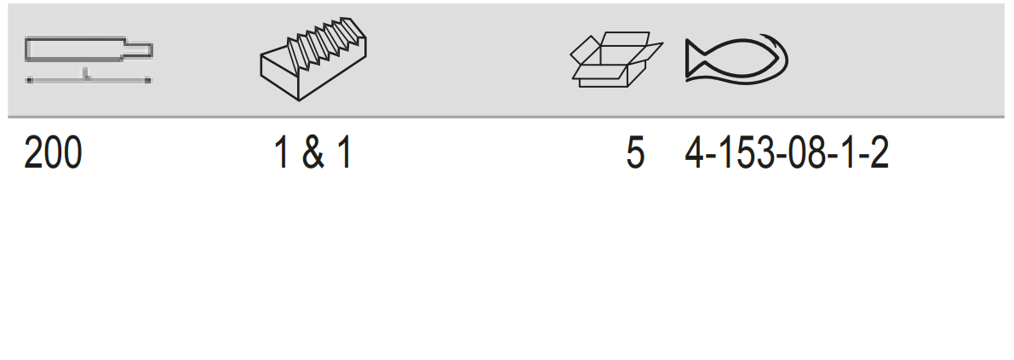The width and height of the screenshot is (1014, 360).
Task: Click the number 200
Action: [53, 154]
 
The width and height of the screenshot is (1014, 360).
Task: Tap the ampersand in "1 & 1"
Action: [313, 154]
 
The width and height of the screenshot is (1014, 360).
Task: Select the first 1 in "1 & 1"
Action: [281, 154]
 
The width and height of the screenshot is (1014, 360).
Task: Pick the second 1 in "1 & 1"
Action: [344, 154]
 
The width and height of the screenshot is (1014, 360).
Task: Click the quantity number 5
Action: [636, 154]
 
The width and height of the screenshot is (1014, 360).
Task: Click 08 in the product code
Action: [806, 154]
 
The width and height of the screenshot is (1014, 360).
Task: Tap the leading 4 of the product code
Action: [695, 154]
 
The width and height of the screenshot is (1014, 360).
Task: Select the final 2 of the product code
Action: [879, 154]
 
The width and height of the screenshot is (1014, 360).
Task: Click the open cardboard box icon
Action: [616, 60]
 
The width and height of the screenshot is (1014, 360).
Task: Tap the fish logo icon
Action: [736, 60]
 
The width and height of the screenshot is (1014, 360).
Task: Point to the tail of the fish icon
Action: [694, 60]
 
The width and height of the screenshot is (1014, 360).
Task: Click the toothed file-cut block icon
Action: [313, 59]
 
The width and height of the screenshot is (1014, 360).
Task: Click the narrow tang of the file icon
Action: [139, 49]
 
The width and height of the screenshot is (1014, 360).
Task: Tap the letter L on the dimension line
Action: [86, 74]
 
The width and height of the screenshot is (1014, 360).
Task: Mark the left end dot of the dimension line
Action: [28, 80]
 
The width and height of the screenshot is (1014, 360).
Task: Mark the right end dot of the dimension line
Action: [148, 80]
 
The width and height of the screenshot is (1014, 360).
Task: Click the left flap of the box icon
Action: [585, 49]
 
